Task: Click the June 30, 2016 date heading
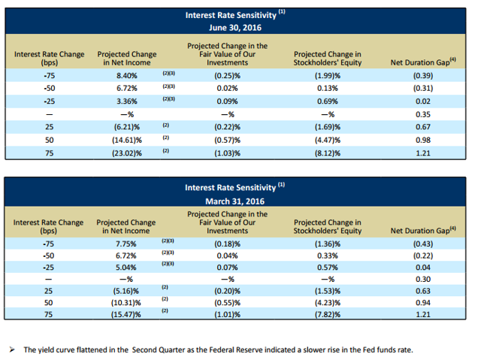[235, 28]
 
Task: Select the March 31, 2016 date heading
[234, 201]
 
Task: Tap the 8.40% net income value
[127, 76]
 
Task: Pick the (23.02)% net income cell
[127, 153]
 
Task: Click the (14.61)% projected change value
[127, 140]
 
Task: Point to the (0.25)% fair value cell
[227, 76]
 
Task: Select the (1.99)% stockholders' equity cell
[328, 76]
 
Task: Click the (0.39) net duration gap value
[423, 76]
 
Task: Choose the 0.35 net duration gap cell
[423, 114]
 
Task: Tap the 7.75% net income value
[126, 244]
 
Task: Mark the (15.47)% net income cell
[126, 314]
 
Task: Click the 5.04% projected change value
[126, 268]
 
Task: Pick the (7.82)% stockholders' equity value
[328, 314]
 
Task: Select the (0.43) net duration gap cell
[423, 244]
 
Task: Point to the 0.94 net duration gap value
[423, 303]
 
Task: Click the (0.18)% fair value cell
[227, 244]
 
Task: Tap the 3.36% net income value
[127, 101]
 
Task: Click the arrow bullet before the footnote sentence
[12, 349]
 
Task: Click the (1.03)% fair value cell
[227, 153]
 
